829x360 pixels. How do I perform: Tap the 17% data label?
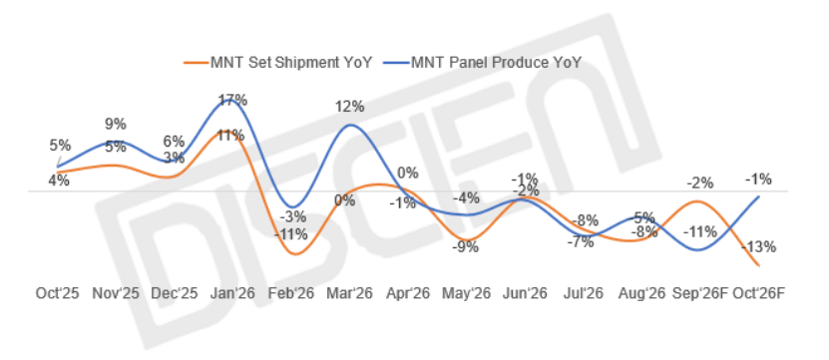pos(233,100)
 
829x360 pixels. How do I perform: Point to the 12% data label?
pos(349,107)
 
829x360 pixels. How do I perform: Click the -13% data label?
pos(759,246)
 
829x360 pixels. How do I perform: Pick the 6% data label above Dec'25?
pos(174,142)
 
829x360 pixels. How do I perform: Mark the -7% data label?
pos(581,242)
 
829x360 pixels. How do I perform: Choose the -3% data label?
pos(293,216)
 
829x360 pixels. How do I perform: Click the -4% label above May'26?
pos(466,198)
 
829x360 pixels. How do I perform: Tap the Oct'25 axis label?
pos(57,293)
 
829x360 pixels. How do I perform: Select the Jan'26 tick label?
pos(232,293)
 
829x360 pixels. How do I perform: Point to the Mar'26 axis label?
pos(349,293)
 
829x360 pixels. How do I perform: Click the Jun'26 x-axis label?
pos(525,293)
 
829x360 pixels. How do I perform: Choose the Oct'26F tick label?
pos(758,293)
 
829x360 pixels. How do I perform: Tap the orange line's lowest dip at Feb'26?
pos(294,254)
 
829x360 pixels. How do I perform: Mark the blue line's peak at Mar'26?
pos(349,126)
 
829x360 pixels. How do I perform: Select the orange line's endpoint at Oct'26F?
pos(759,265)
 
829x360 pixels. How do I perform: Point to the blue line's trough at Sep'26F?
pos(698,250)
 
